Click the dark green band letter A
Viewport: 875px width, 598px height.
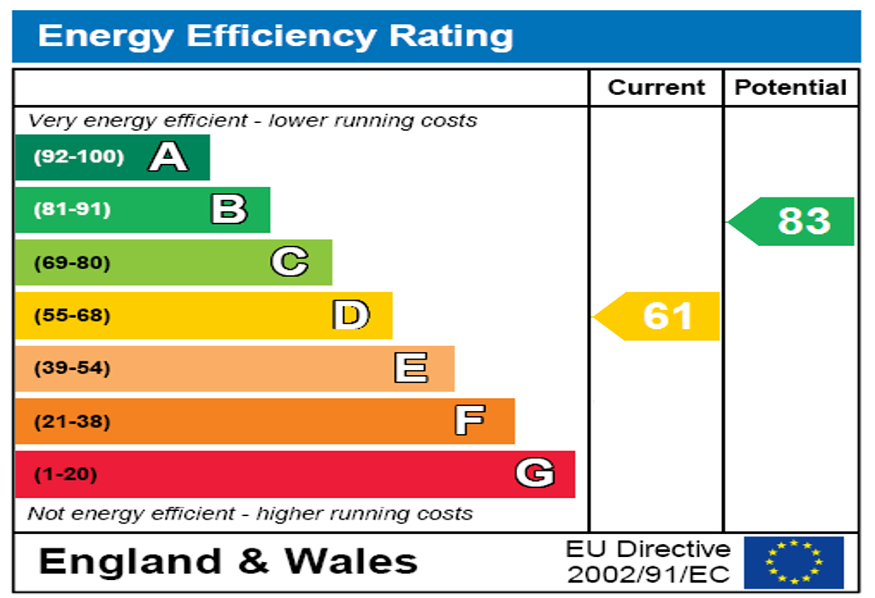(167, 157)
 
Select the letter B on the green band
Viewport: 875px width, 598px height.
(229, 209)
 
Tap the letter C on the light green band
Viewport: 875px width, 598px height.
(290, 262)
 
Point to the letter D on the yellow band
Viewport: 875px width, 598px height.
(351, 315)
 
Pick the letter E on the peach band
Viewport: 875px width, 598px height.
(411, 368)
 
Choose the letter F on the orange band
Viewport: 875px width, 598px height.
(470, 420)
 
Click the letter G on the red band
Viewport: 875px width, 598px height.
(535, 473)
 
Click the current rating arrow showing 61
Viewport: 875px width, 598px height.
(658, 316)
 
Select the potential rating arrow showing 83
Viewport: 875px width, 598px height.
(793, 221)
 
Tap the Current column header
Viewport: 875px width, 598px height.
(656, 87)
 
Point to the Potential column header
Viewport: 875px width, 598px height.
(790, 87)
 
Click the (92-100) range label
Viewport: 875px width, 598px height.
(79, 157)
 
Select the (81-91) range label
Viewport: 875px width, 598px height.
(72, 209)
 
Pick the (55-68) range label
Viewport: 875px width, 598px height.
(72, 315)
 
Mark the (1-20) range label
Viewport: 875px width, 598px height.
(65, 474)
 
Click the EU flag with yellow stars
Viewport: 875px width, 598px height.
(794, 561)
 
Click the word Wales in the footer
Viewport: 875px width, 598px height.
(350, 561)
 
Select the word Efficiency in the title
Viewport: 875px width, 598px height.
(280, 36)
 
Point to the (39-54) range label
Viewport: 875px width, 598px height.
(72, 368)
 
